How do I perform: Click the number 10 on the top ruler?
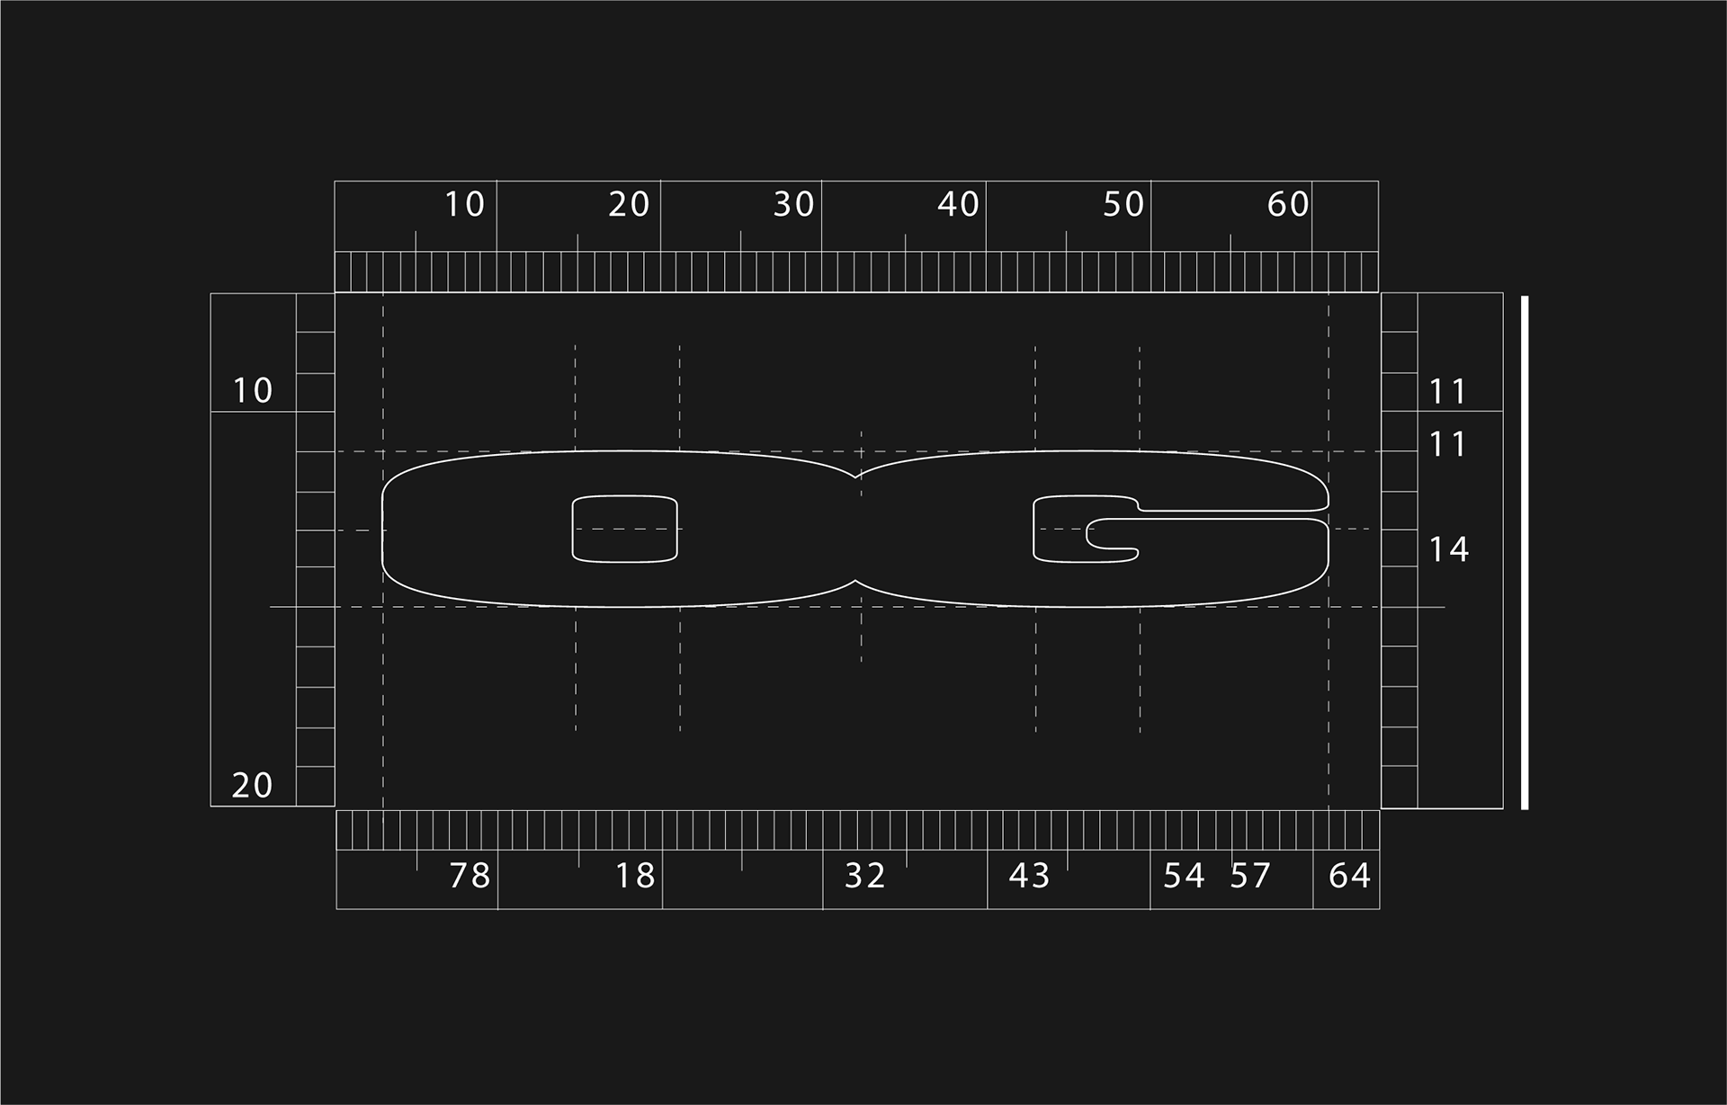tap(465, 205)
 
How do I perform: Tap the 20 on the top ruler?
tap(629, 205)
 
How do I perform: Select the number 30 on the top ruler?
tap(794, 205)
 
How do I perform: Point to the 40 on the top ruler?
tap(958, 205)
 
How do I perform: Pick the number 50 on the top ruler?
tap(1123, 205)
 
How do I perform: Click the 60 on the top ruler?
tap(1288, 205)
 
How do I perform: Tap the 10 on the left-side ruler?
tap(253, 391)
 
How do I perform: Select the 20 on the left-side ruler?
tap(253, 786)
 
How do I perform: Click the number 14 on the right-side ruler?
tap(1449, 549)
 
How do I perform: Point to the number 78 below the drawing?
tap(470, 876)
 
